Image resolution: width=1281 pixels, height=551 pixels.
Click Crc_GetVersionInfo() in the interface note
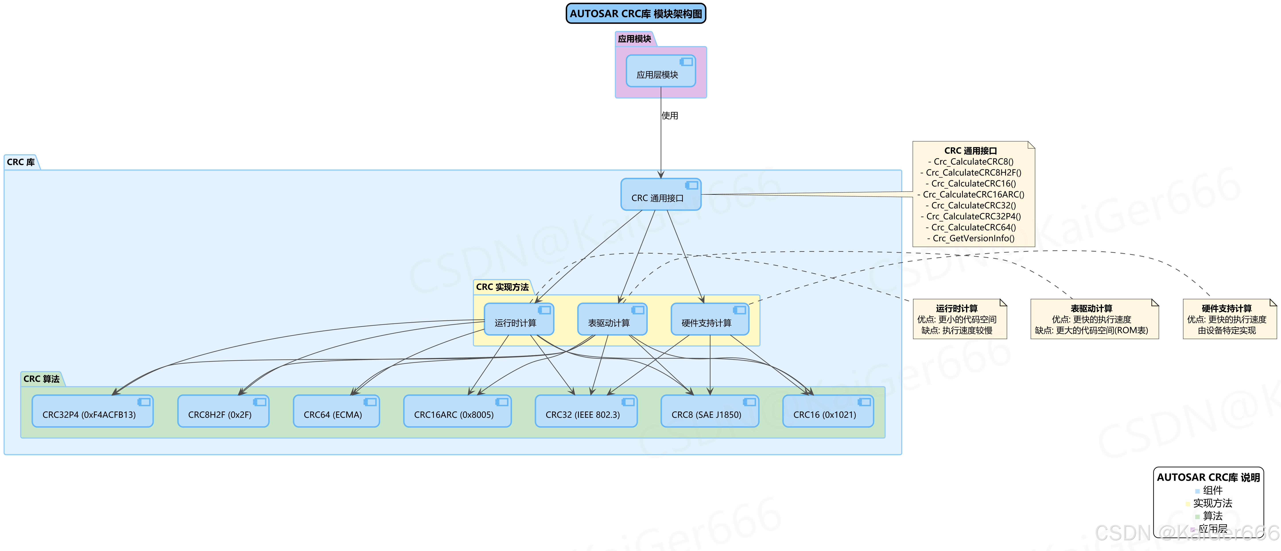(x=973, y=239)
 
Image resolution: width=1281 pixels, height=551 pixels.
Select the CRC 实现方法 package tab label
(x=502, y=287)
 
